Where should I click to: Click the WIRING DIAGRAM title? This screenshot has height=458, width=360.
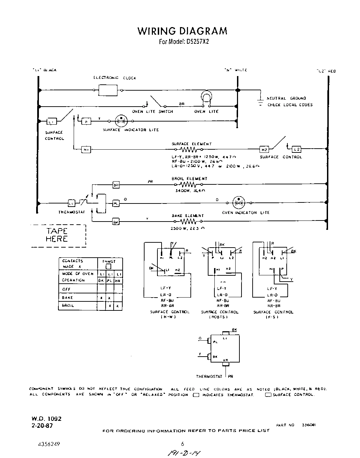pos(182,31)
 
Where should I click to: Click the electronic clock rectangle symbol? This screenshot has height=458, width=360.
pos(108,90)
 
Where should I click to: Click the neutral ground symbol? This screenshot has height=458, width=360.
pos(259,101)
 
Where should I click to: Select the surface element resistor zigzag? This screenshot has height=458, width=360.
pos(189,150)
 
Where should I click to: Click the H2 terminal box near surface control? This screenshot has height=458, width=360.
pos(264,150)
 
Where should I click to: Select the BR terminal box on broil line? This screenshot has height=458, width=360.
pos(116,185)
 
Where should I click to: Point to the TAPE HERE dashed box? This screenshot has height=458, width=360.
pos(58,235)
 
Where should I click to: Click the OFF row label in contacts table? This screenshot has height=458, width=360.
pos(66,289)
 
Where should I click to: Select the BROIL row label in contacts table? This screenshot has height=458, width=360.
pos(68,306)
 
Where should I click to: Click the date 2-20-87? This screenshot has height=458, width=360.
pos(42,425)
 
